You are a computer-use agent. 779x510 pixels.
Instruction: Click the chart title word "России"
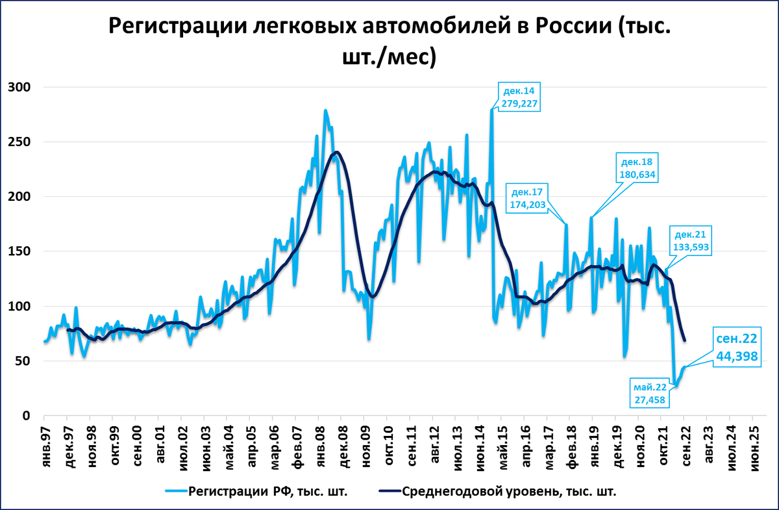573,27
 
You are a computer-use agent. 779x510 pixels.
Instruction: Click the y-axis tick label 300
21,88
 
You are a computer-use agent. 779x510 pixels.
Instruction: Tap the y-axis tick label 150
21,251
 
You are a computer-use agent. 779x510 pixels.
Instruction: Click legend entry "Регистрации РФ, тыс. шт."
267,492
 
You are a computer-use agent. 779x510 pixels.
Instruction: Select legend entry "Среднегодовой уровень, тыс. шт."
508,492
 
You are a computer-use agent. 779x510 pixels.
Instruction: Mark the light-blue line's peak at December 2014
491,111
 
